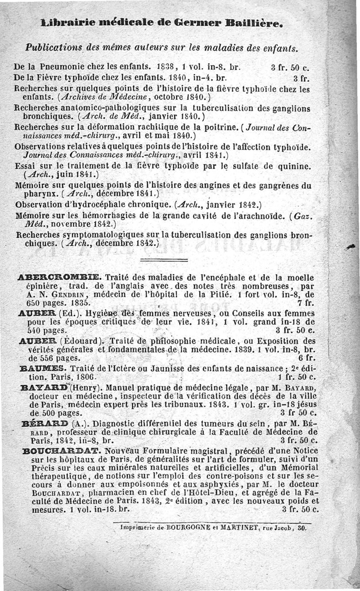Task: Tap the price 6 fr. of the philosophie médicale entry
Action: coord(306,358)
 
